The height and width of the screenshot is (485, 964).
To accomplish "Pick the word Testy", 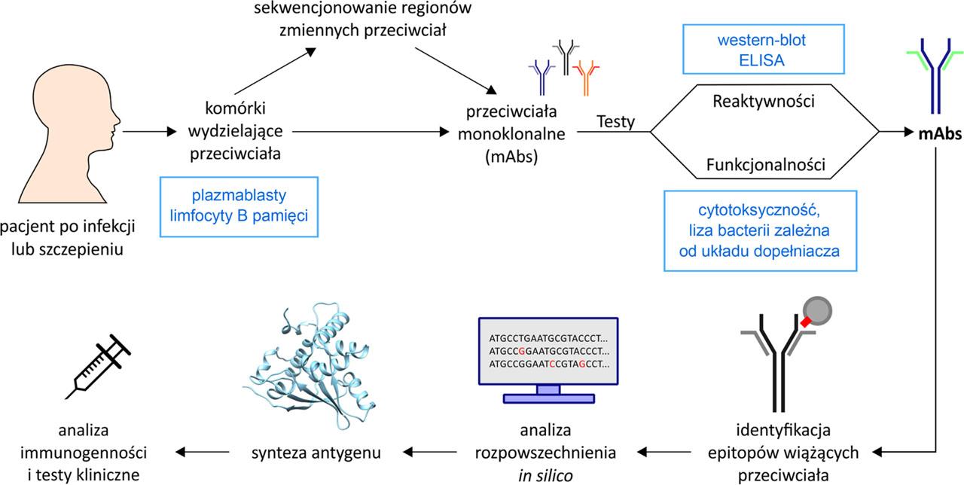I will [x=615, y=121].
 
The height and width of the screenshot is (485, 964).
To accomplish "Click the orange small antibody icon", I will [x=585, y=77].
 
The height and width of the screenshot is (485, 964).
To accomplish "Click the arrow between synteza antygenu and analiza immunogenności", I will [x=201, y=453].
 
